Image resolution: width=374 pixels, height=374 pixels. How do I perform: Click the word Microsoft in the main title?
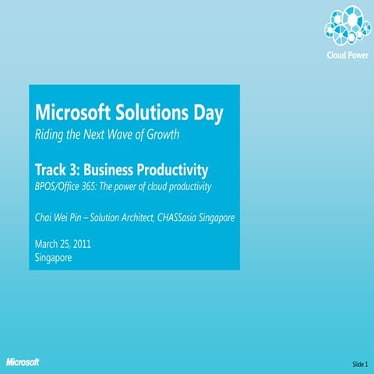69,113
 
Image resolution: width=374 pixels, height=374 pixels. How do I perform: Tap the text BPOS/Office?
60,188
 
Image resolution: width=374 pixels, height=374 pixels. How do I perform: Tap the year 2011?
82,244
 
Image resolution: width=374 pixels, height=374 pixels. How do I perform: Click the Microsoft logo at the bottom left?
23,362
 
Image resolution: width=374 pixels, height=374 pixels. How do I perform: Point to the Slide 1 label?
359,364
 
